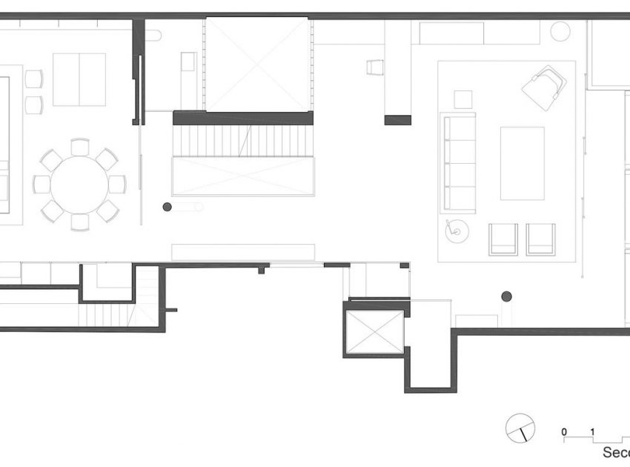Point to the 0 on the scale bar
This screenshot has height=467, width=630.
click(564, 431)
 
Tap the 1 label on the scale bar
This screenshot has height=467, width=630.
click(592, 431)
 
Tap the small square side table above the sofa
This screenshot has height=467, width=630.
click(463, 99)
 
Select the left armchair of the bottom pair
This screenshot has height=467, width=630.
click(503, 239)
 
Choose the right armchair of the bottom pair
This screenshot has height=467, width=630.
click(540, 239)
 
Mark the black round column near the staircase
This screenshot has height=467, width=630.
click(168, 207)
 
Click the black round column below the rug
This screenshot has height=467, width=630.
click(507, 297)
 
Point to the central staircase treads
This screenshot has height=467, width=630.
click(242, 140)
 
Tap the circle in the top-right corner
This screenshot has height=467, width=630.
click(560, 31)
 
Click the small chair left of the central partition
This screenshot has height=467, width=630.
click(374, 68)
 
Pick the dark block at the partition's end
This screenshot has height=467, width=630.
click(397, 119)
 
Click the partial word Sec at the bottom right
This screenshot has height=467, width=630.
click(615, 453)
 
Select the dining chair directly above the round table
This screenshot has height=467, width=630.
click(80, 147)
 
